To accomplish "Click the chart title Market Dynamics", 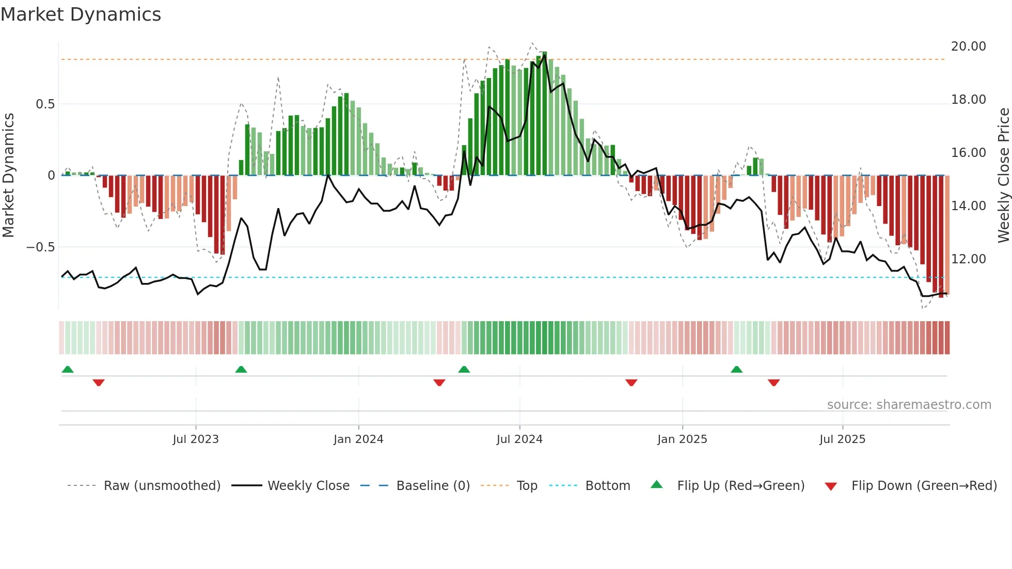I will tap(81, 14).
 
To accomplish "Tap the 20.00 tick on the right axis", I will tap(968, 46).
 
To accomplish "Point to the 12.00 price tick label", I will tap(968, 259).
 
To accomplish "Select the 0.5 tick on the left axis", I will tap(45, 104).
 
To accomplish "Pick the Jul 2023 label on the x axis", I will tap(196, 439).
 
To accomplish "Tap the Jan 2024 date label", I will tap(358, 439).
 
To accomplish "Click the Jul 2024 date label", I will tap(519, 439).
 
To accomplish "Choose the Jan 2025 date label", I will tap(682, 439).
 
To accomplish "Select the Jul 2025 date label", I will tap(842, 439).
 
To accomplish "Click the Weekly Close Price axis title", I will tap(1003, 175).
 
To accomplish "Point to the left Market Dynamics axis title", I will tap(8, 175).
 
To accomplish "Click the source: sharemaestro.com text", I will tap(909, 405).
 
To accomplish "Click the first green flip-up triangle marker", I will tap(68, 370).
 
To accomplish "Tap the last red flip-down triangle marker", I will tap(773, 383).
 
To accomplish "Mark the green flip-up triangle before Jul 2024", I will tap(464, 370).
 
